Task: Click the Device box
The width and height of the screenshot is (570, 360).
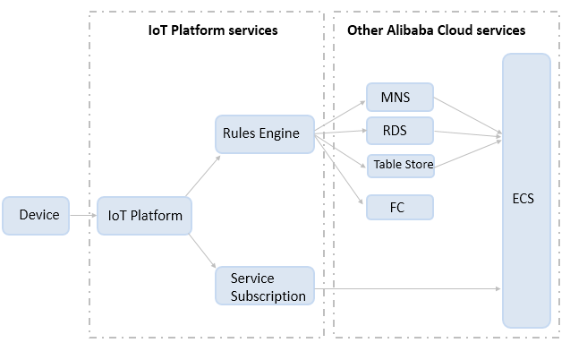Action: click(36, 216)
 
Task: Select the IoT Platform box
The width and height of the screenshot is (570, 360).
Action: click(144, 216)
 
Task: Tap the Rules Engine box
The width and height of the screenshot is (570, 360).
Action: click(265, 134)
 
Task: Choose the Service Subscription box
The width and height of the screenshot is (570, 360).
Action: click(265, 286)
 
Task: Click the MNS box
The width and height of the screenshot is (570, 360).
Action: click(400, 97)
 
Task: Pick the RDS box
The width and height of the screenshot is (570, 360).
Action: click(400, 131)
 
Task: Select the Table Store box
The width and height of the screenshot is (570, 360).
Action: click(401, 166)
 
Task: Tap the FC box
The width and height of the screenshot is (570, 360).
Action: click(400, 207)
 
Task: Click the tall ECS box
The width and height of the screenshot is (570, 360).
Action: click(526, 191)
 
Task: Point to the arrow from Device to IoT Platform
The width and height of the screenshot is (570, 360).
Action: click(83, 215)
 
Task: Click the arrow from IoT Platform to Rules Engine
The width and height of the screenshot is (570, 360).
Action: click(203, 176)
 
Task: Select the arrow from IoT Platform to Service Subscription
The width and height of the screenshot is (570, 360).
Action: click(202, 252)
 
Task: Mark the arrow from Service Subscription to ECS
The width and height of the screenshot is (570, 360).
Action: click(407, 288)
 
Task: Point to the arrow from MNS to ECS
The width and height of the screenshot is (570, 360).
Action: click(468, 116)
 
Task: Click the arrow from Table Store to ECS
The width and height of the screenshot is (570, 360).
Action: click(468, 153)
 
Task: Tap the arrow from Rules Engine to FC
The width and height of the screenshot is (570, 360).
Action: click(339, 169)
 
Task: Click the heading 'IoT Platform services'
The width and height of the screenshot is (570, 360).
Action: click(213, 30)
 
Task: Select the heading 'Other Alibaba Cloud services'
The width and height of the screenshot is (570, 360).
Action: click(437, 30)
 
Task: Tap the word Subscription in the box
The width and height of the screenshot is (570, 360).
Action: click(268, 296)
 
